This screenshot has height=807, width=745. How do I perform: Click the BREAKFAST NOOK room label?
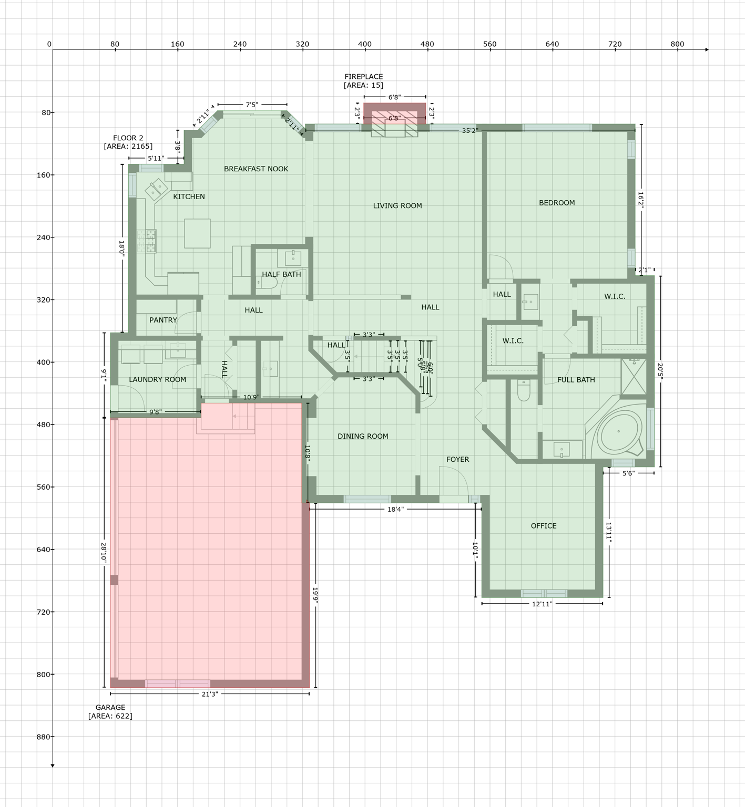256,169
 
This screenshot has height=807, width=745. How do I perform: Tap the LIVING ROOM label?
397,205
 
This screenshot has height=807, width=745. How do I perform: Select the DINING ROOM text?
363,436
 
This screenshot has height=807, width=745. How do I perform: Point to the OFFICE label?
544,525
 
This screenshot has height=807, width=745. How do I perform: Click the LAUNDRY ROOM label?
157,379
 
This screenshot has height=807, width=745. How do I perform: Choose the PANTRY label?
163,320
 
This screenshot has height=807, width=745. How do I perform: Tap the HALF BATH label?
281,274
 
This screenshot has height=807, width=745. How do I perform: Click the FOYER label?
457,459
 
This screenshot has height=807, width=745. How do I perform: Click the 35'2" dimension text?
470,130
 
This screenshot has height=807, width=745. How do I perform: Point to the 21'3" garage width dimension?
209,694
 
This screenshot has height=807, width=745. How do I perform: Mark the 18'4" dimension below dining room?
395,509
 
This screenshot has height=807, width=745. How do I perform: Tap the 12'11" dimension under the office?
542,604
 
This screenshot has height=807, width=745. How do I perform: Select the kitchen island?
197,233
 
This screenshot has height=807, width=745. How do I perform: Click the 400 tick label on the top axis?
365,44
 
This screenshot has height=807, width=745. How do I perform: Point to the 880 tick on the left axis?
44,737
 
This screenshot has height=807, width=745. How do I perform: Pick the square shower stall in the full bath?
634,376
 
